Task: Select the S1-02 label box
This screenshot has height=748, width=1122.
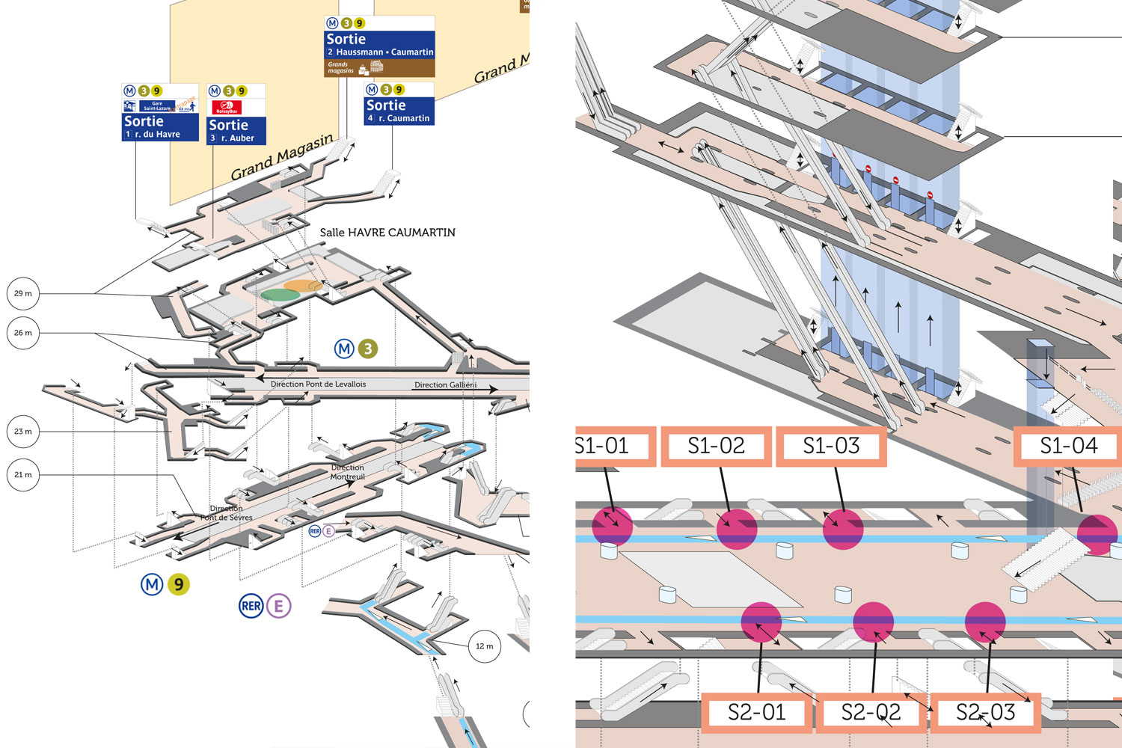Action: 716,446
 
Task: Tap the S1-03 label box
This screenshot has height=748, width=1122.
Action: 831,446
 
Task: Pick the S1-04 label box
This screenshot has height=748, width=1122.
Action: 1068,446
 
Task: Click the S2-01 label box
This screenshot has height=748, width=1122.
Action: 756,712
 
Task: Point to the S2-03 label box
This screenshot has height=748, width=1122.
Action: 985,712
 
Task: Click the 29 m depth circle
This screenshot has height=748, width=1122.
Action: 23,294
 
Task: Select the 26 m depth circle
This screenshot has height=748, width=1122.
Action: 23,333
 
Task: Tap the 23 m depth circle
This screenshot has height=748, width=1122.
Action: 23,432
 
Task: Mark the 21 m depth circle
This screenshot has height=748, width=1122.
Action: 23,475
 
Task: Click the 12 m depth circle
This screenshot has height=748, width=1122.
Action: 484,646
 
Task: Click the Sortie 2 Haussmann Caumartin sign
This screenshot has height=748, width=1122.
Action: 379,46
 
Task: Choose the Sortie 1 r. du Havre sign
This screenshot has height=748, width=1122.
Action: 160,113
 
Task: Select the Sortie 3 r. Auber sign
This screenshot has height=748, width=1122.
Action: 236,114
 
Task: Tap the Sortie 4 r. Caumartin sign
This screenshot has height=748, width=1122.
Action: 399,104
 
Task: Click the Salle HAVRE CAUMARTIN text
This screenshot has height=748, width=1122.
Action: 387,233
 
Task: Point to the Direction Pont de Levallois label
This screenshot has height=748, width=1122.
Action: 318,384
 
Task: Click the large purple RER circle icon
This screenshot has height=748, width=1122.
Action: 251,606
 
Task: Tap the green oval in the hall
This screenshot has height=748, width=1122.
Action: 280,295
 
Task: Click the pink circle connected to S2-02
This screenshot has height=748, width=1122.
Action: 874,622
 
